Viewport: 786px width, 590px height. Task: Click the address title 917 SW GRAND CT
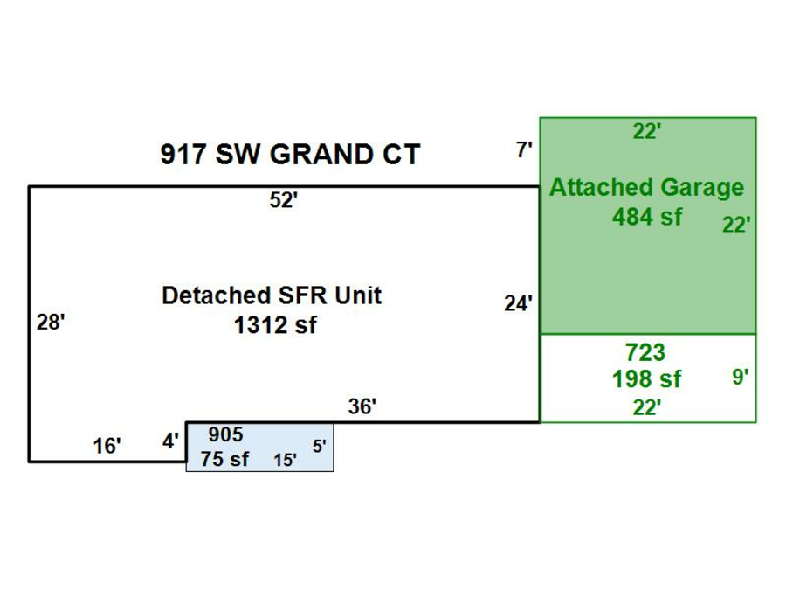tap(290, 155)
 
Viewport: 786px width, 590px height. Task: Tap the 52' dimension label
tap(284, 200)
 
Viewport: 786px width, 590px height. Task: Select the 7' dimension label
tap(524, 150)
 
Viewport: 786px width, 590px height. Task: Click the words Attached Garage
tap(646, 188)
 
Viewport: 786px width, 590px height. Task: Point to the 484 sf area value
tap(646, 215)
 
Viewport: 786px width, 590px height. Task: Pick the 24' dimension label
tap(518, 304)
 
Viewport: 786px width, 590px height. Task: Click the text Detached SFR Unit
tap(272, 295)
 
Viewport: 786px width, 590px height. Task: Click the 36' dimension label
tap(362, 406)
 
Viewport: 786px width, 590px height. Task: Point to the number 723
tap(645, 353)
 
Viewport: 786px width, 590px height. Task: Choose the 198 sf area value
tap(646, 379)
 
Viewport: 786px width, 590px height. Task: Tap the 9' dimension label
tap(741, 378)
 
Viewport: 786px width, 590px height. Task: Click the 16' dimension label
tap(107, 447)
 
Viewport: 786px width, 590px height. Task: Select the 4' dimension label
tap(171, 441)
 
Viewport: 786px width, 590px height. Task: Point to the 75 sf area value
tap(224, 458)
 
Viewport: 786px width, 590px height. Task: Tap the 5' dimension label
tap(320, 446)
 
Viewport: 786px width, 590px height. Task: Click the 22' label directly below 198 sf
tap(646, 407)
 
